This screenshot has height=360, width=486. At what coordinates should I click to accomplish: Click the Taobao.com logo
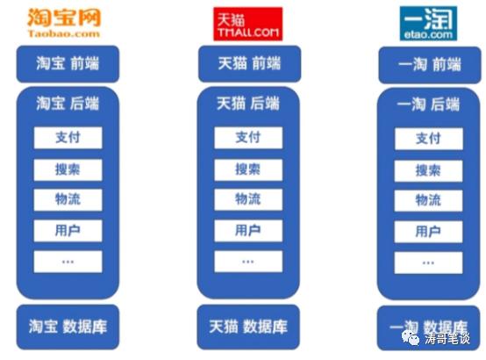[64, 23]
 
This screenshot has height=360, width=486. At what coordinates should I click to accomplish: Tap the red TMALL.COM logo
[248, 24]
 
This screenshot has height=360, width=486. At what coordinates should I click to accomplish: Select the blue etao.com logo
[428, 24]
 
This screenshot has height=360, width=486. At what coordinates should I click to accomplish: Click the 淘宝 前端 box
[68, 64]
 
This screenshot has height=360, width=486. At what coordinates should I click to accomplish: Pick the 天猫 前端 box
[249, 63]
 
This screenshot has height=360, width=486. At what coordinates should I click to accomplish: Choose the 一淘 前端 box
[430, 65]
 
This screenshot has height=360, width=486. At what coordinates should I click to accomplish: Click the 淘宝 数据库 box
[68, 327]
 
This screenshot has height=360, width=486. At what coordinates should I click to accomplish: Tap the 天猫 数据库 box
[248, 327]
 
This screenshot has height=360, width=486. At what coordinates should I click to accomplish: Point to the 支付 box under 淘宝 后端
[68, 138]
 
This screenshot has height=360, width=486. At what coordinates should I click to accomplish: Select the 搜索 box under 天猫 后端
[248, 169]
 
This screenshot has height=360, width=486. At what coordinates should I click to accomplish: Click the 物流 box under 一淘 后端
[428, 200]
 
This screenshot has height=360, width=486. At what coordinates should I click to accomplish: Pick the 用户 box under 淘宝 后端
[68, 231]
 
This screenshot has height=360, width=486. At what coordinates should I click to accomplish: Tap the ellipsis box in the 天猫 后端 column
[248, 262]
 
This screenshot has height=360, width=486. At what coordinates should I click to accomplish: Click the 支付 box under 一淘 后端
[429, 139]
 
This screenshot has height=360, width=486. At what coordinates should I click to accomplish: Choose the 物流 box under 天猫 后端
[248, 199]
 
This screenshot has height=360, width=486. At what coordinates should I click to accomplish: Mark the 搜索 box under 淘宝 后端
[68, 169]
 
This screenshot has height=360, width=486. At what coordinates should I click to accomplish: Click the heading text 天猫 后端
[248, 104]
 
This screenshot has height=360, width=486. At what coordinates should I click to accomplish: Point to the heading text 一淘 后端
[428, 104]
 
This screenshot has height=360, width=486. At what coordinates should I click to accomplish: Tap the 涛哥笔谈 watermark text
[447, 338]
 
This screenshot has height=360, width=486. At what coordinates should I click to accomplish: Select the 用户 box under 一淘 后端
[428, 232]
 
